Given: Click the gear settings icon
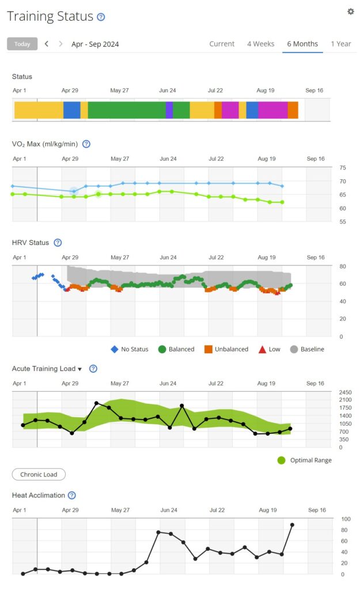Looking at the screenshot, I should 350,12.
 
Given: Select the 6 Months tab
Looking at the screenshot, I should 302,44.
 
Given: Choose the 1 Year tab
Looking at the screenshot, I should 340,44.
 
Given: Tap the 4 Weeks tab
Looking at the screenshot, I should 260,44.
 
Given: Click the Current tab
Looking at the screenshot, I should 222,44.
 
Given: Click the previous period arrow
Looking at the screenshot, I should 47,44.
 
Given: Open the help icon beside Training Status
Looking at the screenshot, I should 101,17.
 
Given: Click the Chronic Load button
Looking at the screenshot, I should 39,474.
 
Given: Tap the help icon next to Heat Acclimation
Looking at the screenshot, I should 71,495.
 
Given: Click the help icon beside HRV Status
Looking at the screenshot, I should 58,243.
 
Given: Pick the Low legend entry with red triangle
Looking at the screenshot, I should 270,349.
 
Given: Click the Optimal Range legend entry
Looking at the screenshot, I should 305,460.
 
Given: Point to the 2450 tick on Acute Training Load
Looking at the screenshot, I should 345,392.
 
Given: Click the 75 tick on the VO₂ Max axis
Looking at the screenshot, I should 343,168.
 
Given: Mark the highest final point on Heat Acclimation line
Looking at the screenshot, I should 293,525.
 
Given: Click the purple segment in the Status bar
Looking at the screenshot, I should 169,110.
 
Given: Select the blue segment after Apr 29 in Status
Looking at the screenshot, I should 71,110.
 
